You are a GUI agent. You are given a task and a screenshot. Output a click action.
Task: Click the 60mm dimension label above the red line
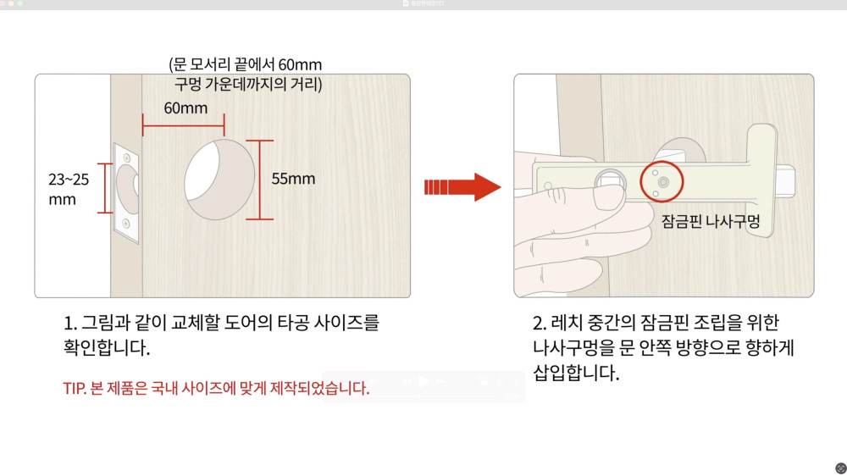185,108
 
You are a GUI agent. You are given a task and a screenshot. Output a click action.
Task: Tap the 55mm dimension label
293,179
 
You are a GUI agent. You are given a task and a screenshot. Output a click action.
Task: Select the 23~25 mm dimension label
69,189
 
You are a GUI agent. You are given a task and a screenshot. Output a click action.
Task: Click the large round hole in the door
219,180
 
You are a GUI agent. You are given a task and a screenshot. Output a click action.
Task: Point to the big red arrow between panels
462,187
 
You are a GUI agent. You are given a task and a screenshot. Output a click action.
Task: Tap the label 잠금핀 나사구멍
711,221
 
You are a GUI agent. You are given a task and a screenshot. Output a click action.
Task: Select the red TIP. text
75,389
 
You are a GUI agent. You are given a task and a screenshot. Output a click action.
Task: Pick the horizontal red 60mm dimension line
184,125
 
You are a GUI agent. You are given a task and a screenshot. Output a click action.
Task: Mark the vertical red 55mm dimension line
260,180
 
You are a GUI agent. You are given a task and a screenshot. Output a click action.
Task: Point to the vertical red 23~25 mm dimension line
105,188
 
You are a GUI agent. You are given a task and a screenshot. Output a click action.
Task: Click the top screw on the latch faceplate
127,158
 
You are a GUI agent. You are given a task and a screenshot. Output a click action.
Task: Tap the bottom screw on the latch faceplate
126,223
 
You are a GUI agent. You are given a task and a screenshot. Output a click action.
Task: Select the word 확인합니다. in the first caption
107,348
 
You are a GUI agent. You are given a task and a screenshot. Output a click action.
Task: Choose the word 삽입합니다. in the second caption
576,374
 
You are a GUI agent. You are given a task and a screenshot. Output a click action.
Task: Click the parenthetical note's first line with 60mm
246,65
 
